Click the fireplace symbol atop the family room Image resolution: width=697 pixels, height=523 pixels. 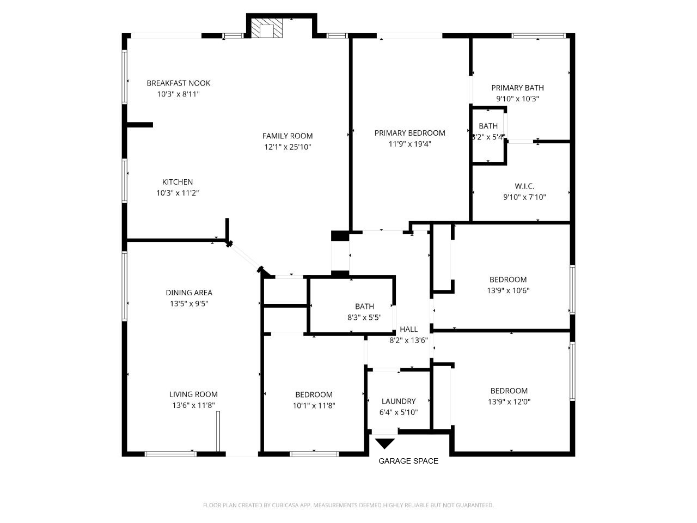tap(267, 29)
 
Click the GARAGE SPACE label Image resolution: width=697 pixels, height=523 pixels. tap(408, 461)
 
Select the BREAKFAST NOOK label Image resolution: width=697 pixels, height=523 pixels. tap(179, 83)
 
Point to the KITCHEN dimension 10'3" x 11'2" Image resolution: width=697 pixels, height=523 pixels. tap(178, 193)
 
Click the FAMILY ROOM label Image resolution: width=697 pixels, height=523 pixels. tap(288, 136)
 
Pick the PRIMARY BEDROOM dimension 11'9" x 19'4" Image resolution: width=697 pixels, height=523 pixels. tap(410, 144)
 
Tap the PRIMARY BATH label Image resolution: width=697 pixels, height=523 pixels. tap(517, 88)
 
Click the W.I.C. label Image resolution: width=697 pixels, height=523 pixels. tap(524, 186)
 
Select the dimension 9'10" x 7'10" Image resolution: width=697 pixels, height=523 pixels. tap(524, 197)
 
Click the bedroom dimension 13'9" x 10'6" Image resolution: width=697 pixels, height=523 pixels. tap(508, 290)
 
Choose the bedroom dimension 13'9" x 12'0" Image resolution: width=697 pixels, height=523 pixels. tap(509, 402)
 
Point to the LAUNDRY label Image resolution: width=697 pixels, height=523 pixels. tap(399, 401)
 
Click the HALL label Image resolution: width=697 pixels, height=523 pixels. tap(409, 329)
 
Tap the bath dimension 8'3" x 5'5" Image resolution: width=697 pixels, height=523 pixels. tap(364, 317)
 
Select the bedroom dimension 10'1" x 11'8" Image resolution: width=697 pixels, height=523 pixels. tap(314, 405)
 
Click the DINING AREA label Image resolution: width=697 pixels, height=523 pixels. tap(189, 293)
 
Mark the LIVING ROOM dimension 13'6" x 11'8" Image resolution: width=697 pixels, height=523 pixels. tap(193, 405)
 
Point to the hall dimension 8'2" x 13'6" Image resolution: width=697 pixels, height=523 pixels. tap(408, 340)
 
